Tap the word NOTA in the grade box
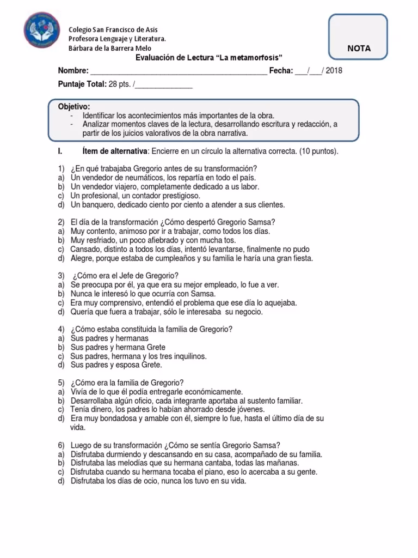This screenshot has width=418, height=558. pos(358,48)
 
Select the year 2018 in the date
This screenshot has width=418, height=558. pos(335,71)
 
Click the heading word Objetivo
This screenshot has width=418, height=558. pos(74,106)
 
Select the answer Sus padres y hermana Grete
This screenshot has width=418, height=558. pos(118,347)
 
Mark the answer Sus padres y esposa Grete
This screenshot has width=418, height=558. pos(116,365)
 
